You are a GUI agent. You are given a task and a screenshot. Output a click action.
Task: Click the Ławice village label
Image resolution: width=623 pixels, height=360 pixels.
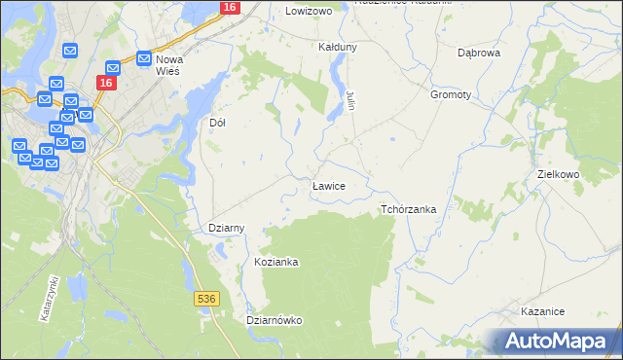tap(327, 184)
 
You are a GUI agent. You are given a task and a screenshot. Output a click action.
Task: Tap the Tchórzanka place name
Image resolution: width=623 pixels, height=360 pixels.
tap(408, 209)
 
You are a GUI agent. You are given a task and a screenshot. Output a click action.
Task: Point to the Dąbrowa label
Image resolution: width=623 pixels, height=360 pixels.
tap(479, 53)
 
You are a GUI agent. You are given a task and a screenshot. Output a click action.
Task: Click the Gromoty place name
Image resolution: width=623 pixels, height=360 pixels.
tap(450, 95)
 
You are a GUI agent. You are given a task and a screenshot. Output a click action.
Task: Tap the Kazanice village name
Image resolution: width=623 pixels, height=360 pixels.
tap(543, 311)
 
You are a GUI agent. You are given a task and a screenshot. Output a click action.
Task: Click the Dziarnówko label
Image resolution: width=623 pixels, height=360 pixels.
tap(275, 319)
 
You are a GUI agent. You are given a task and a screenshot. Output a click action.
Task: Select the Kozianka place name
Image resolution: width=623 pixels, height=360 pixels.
tap(275, 263)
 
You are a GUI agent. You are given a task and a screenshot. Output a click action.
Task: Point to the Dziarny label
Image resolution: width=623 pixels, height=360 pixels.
tap(227, 228)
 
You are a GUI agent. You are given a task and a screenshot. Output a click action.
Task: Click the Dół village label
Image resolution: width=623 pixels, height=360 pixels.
tap(218, 124)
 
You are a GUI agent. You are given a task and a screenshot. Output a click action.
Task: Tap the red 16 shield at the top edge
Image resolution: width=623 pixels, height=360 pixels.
tap(229, 7)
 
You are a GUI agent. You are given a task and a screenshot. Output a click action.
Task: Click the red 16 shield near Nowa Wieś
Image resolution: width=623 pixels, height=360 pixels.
tap(107, 84)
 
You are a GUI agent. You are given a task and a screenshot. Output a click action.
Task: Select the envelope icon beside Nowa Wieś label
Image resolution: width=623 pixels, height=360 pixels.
tap(144, 58)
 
